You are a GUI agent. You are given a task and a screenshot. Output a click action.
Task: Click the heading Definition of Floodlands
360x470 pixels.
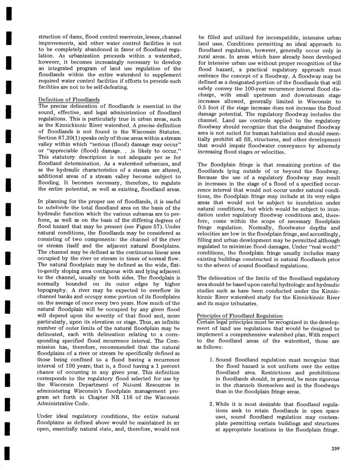click(x=69, y=100)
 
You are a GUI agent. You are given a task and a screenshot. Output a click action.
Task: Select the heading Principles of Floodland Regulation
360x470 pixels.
click(x=240, y=316)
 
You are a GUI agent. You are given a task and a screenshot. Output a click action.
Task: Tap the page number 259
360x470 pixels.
click(x=336, y=449)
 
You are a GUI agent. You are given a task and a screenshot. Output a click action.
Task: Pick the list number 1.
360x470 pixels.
click(x=211, y=360)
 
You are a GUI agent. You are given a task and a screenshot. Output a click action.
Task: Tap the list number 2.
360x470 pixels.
click(x=211, y=404)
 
